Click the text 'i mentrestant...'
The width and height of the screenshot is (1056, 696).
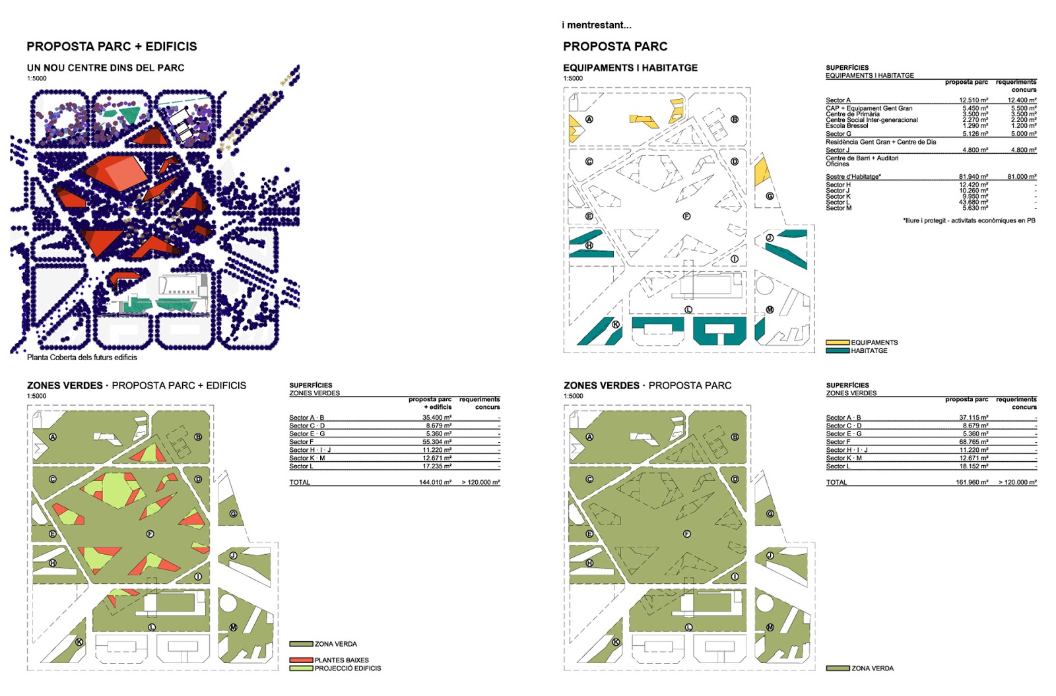tap(597, 25)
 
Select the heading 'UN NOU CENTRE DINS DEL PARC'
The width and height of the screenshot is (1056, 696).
tap(106, 68)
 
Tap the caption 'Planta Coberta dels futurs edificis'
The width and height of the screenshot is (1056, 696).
tap(82, 358)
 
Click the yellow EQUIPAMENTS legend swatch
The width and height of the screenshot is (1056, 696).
tap(838, 342)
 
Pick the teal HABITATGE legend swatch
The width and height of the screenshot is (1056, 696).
tap(838, 351)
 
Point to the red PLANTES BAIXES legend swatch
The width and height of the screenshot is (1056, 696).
tap(301, 660)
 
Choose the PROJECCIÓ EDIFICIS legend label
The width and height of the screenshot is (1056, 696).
tap(348, 668)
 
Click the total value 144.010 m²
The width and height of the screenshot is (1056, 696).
tap(435, 482)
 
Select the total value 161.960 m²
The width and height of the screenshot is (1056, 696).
tap(972, 482)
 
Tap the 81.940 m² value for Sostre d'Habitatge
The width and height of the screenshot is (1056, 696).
tap(973, 177)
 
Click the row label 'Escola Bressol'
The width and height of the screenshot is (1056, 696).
tap(847, 125)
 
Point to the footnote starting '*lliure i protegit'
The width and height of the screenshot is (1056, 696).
tap(969, 220)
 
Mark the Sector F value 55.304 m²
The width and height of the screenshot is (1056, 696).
tap(437, 442)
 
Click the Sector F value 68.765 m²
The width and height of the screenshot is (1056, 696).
tap(973, 442)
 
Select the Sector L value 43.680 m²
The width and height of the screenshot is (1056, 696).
tap(973, 203)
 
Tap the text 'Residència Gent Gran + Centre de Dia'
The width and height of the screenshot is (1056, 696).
tap(880, 142)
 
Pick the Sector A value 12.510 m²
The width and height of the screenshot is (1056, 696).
tap(973, 100)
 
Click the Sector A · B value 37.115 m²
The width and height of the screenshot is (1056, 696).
tap(973, 418)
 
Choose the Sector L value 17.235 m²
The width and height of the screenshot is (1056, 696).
tap(437, 466)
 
